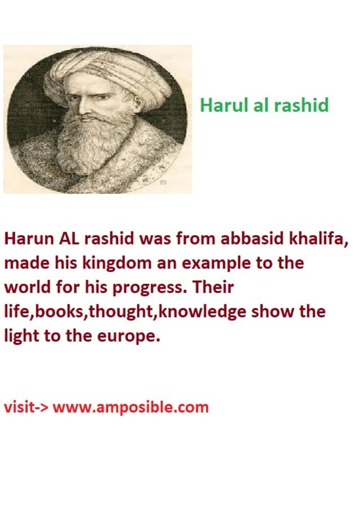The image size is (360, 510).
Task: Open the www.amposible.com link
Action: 131,407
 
